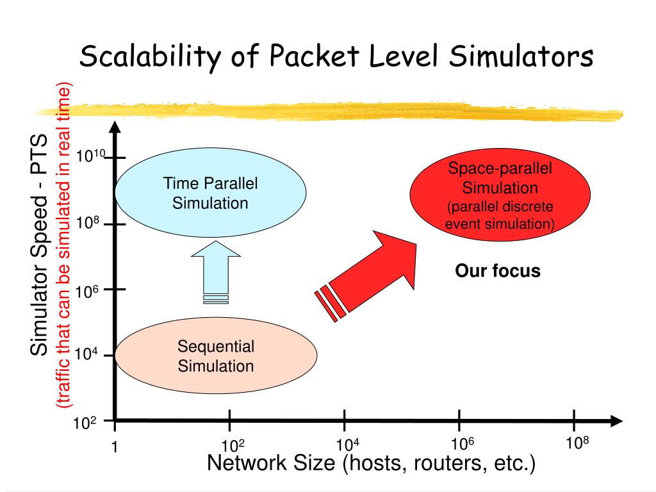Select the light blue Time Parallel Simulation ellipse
(210, 193)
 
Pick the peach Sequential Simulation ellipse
(216, 356)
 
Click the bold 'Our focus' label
(498, 271)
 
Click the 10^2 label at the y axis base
(85, 423)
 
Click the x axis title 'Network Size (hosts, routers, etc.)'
(371, 463)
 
